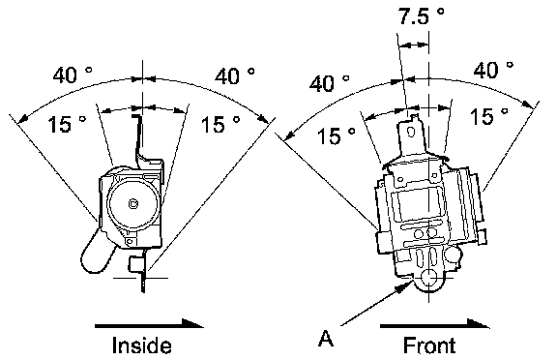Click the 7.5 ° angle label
coord(421,16)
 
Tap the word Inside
coord(142,345)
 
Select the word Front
coord(429,345)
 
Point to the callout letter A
coord(326,338)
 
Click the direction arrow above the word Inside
coord(149,324)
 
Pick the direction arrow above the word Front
coord(435,324)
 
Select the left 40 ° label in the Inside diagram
coord(73,75)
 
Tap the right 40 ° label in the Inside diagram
coord(234,75)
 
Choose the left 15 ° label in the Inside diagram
coord(67,124)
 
